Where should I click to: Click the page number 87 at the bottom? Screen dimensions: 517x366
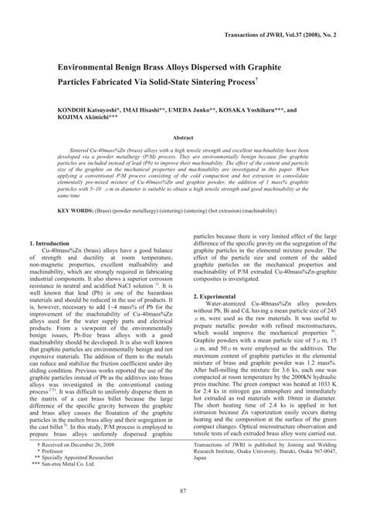pyautogui.click(x=183, y=492)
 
